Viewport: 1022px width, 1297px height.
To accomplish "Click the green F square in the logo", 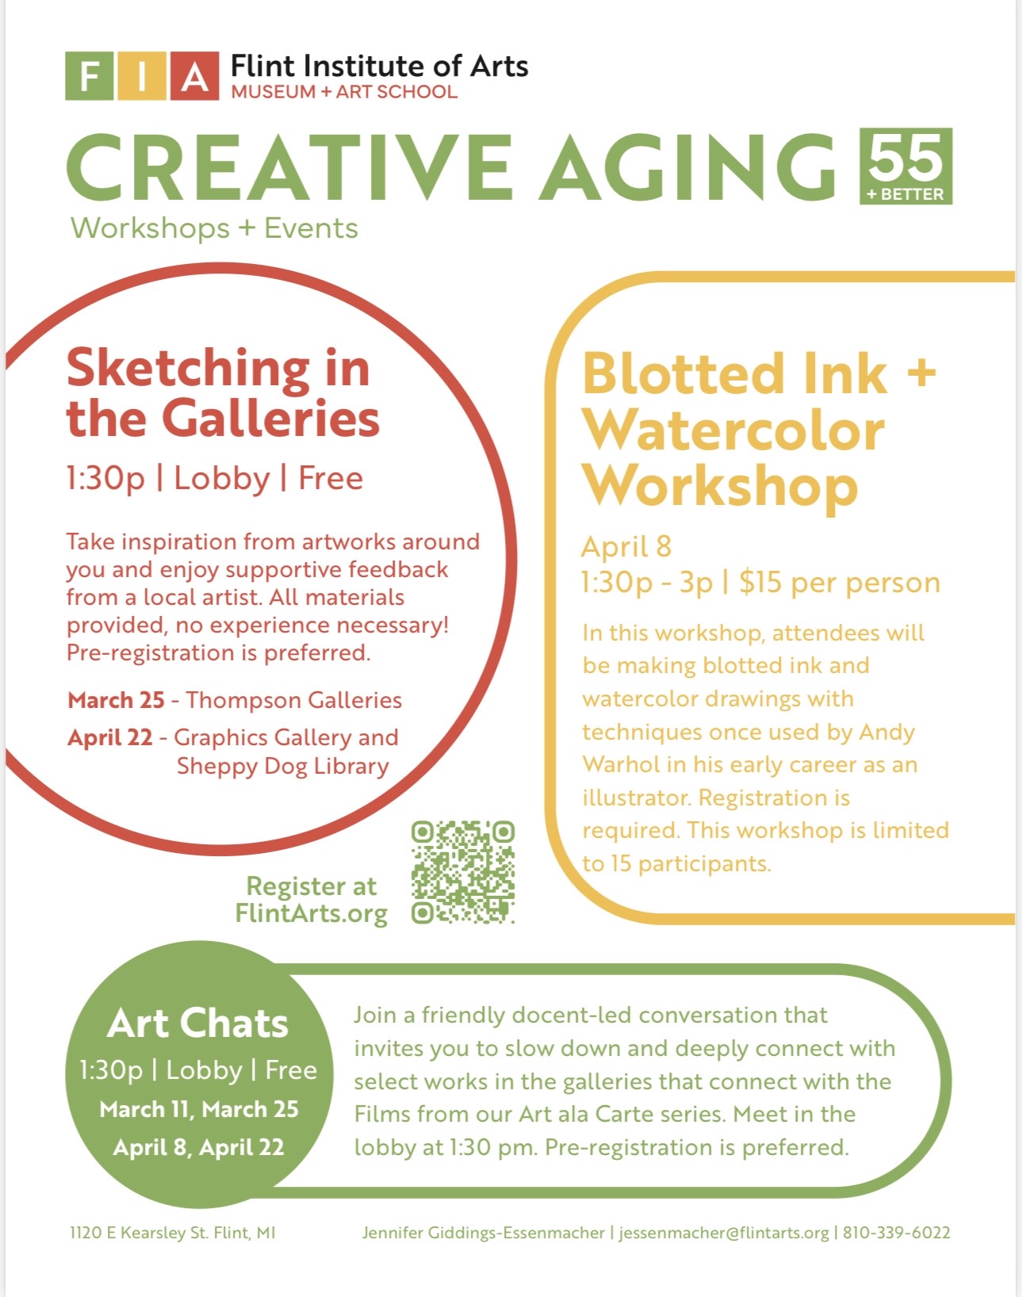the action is coord(90,77).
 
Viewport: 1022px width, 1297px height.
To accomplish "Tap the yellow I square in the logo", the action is coord(142,77).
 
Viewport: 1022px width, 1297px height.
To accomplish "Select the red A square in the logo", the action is coord(194,77).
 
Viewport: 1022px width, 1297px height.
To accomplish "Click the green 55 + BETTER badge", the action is coord(905,166).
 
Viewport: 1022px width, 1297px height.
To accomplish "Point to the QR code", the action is coord(463,872).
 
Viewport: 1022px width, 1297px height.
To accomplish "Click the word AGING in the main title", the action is coord(687,166).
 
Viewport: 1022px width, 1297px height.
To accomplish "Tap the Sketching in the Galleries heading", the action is coord(223,393).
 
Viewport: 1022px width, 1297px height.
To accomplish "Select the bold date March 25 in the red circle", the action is coord(116,700).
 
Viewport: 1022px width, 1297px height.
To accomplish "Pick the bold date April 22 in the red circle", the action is coord(109,738).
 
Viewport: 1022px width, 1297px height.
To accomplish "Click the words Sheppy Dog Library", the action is coord(283,767).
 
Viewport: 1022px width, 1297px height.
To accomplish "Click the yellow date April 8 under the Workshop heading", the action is coord(626,547).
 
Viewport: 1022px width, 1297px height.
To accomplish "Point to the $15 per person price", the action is coord(840,583).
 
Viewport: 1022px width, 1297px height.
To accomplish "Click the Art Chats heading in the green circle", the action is coord(197,1023).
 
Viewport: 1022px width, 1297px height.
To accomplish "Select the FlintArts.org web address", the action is coord(311,913).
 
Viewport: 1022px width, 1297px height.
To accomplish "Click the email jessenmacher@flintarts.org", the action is coord(724,1233).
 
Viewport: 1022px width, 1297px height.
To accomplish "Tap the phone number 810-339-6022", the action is coord(897,1233).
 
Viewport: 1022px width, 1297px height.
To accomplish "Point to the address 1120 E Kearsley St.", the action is coord(140,1233).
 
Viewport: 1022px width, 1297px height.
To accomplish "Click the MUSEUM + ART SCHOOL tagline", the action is coord(344,92).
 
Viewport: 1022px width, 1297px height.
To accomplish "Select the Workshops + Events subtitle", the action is coord(215,228).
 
